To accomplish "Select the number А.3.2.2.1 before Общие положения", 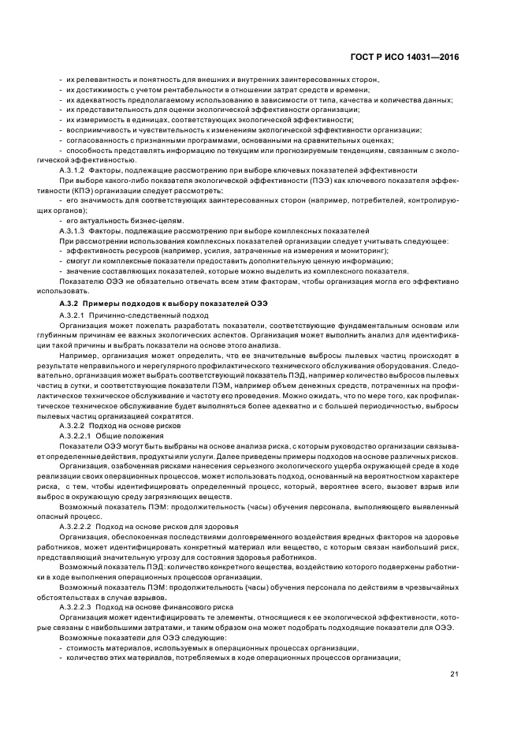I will [78, 435].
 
